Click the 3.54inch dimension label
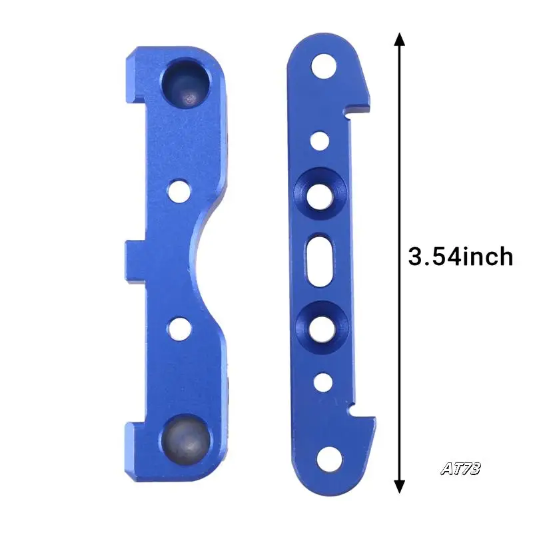point(460,257)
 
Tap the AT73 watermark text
point(460,468)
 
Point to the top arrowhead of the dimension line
point(399,40)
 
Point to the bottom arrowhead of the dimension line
point(399,486)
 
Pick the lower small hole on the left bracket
point(178,327)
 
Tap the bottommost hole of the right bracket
point(327,460)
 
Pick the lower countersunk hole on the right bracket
point(322,326)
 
